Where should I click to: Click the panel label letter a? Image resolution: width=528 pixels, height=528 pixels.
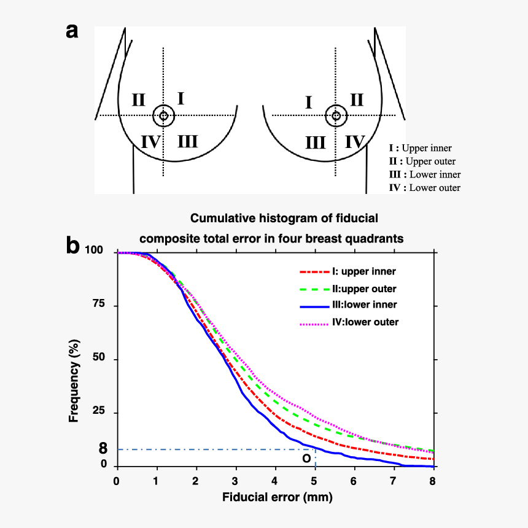click(x=72, y=31)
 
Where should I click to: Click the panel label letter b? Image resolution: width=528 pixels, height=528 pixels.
click(x=72, y=246)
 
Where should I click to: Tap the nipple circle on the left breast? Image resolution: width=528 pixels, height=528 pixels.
click(x=163, y=115)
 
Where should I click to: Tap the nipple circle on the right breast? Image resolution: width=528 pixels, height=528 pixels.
click(x=336, y=115)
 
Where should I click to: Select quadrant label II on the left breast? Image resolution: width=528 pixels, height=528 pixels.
click(x=138, y=99)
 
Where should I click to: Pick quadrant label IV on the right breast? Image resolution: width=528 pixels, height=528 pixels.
click(x=355, y=142)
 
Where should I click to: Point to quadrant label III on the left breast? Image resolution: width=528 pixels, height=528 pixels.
click(x=188, y=142)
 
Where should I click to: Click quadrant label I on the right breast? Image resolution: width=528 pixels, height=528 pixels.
click(x=309, y=102)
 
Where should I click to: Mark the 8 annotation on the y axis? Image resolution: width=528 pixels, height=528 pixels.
click(x=103, y=449)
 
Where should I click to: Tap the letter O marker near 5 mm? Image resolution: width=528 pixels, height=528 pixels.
click(x=306, y=458)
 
